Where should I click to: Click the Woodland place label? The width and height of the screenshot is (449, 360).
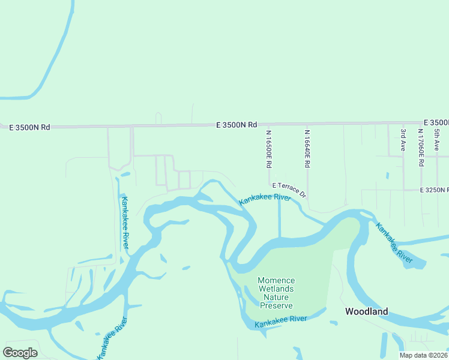click(x=366, y=311)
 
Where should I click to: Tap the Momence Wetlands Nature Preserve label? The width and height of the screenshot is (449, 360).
click(x=276, y=293)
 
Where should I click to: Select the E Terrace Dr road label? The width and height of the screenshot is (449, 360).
click(x=289, y=190)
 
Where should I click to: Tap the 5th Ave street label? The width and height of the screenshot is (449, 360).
click(x=437, y=139)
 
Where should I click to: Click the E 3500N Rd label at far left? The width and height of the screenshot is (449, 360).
click(x=29, y=127)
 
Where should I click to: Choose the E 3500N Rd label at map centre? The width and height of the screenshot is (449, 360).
click(x=237, y=125)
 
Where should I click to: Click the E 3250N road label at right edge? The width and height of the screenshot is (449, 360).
click(x=435, y=190)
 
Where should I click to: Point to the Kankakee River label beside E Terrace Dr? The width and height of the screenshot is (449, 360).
click(x=265, y=199)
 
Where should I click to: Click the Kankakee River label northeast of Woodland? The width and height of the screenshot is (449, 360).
click(x=394, y=243)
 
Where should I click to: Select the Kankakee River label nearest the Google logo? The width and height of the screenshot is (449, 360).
click(x=113, y=339)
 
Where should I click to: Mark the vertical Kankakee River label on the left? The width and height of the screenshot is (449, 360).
click(x=125, y=222)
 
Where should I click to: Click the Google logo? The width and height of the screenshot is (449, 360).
click(x=20, y=353)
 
